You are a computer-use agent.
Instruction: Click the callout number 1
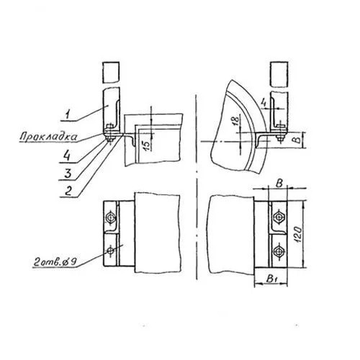click(x=68, y=114)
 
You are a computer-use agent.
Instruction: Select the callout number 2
click(x=68, y=192)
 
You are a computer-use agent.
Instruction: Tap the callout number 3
click(x=68, y=174)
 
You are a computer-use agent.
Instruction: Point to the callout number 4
click(x=66, y=156)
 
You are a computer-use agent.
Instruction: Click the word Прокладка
click(x=49, y=137)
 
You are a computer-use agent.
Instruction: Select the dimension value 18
click(x=236, y=121)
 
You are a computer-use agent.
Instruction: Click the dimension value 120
click(x=297, y=234)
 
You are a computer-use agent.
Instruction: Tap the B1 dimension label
click(x=271, y=279)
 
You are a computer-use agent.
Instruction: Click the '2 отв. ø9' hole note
click(x=54, y=262)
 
